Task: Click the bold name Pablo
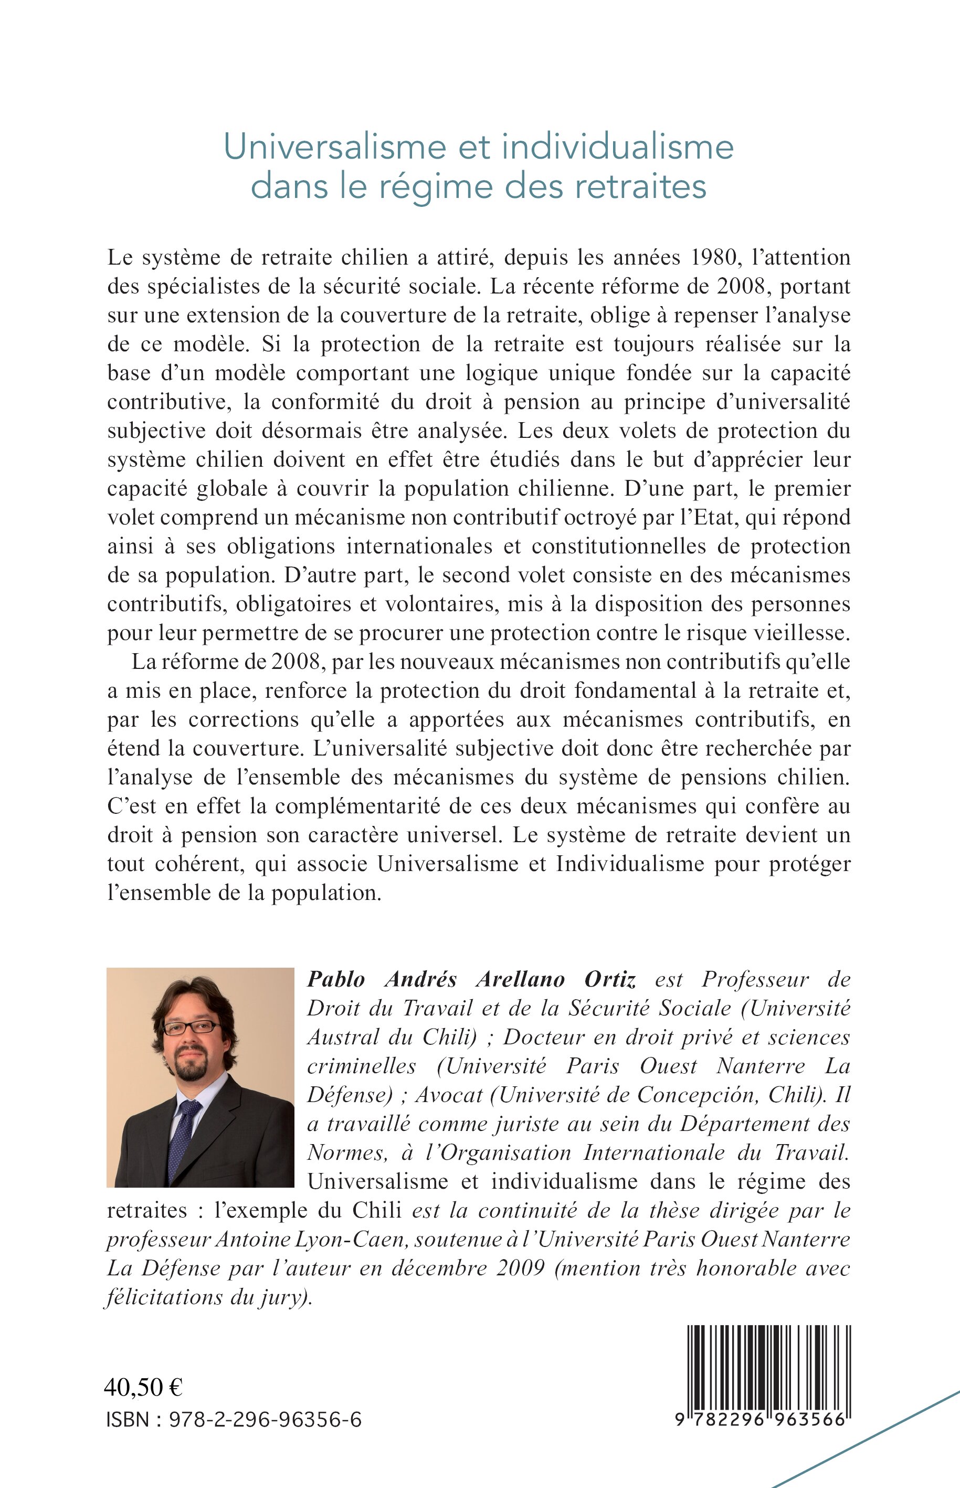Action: [336, 980]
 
